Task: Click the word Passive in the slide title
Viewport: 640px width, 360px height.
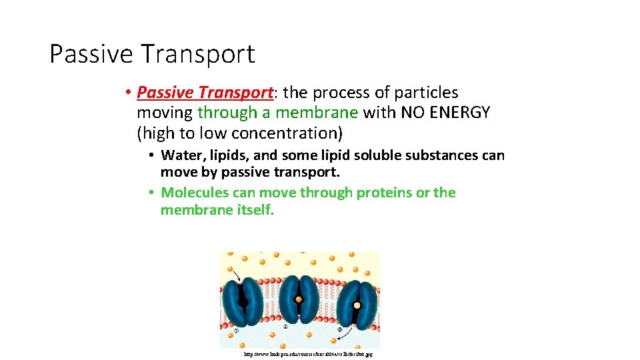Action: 91,54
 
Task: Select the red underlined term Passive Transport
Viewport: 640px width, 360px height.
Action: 205,93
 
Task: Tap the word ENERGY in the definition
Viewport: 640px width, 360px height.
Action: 460,113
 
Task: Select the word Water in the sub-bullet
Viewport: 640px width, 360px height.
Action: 180,155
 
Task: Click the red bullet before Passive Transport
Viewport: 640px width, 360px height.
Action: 127,93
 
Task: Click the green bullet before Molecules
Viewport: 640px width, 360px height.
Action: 151,193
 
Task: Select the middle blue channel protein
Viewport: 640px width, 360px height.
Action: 299,301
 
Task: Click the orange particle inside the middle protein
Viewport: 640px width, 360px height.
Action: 299,299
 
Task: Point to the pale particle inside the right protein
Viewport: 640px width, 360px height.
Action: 357,305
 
